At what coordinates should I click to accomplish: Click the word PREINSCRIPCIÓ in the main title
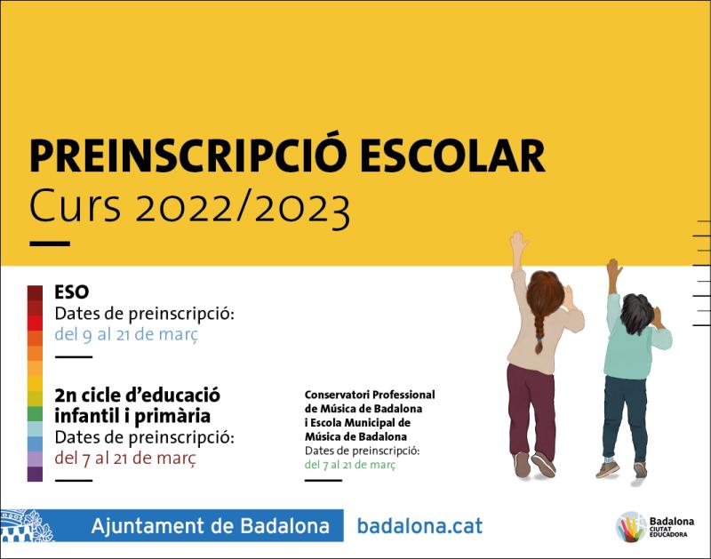tap(188, 155)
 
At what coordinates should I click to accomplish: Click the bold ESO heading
tap(72, 292)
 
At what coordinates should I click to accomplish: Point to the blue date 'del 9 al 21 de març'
tap(126, 334)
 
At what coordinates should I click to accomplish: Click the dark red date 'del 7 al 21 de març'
tap(125, 459)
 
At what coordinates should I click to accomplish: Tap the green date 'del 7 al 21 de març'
tap(349, 465)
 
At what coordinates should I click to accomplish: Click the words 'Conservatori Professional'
tap(370, 395)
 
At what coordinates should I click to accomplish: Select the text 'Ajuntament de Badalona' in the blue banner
tap(210, 526)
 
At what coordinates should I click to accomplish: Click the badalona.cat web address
tap(419, 526)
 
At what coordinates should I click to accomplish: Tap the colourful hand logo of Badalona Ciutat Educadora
tap(631, 527)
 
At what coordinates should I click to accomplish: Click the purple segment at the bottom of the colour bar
tap(35, 474)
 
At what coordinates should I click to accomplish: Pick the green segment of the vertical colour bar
tap(35, 414)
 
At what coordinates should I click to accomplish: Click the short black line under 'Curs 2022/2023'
tap(50, 244)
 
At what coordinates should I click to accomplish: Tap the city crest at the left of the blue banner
tap(27, 525)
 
